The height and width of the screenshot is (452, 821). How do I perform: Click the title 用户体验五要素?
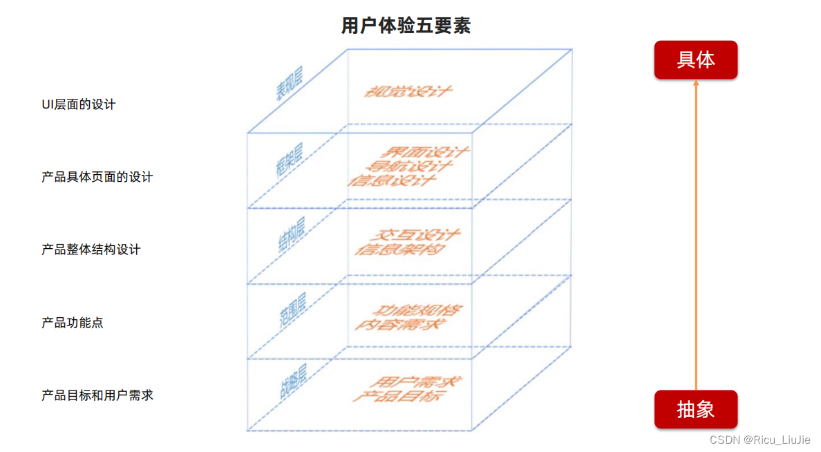406,26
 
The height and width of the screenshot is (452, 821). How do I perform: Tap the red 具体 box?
695,60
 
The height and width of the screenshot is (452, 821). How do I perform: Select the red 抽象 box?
695,410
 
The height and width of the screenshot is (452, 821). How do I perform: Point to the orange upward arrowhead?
696,84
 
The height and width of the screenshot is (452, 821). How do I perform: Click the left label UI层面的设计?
78,105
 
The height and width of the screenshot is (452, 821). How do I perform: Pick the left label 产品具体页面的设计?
97,177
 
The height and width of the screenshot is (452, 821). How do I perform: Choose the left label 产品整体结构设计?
91,249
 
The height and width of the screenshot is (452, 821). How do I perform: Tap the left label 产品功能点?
72,323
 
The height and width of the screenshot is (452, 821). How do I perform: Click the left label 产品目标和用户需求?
97,395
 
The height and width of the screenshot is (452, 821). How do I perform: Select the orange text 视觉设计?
408,91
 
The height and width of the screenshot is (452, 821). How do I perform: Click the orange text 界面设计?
421,151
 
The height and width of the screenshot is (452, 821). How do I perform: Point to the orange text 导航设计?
409,166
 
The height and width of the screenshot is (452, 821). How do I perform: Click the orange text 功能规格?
417,310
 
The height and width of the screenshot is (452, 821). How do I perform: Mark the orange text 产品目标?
399,397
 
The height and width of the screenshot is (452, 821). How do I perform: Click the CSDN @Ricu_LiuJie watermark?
759,440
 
